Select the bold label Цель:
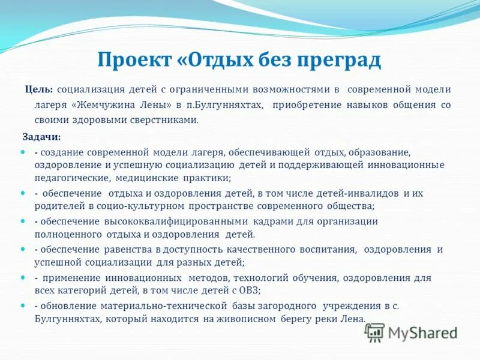[x=38, y=89]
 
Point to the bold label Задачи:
[x=41, y=137]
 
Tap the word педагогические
[x=70, y=178]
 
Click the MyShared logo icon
[x=374, y=332]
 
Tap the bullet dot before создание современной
[x=23, y=152]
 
